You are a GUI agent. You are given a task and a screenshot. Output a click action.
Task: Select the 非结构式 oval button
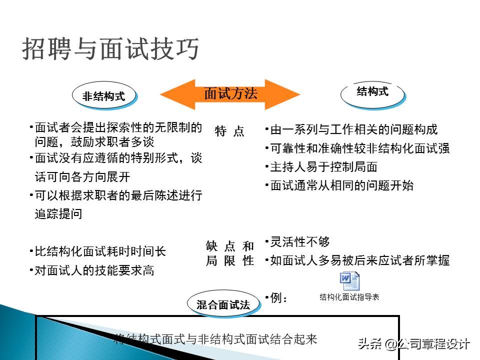pyautogui.click(x=103, y=96)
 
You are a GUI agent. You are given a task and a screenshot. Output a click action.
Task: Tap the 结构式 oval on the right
pyautogui.click(x=372, y=91)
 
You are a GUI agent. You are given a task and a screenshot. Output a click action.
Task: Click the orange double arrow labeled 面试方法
pyautogui.click(x=230, y=94)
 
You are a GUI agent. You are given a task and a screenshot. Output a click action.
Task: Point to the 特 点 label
pyautogui.click(x=229, y=131)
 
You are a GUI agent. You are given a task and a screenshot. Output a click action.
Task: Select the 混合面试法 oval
pyautogui.click(x=223, y=304)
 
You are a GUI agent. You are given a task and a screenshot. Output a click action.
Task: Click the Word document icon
pyautogui.click(x=349, y=281)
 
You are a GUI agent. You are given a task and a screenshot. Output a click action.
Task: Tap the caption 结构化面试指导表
pyautogui.click(x=349, y=297)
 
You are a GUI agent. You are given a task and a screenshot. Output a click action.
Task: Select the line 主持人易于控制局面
pyautogui.click(x=323, y=167)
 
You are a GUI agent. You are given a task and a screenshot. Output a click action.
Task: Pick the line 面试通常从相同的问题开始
pyautogui.click(x=341, y=185)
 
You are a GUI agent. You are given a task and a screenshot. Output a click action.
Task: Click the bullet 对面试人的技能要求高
pyautogui.click(x=93, y=270)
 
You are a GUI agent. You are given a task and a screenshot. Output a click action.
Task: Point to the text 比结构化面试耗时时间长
pyautogui.click(x=99, y=251)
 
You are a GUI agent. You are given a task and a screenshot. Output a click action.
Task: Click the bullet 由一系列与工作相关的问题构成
pyautogui.click(x=353, y=130)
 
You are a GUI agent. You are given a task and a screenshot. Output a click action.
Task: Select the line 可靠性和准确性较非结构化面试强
pyautogui.click(x=359, y=148)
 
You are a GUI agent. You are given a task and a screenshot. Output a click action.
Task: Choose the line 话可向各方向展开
pyautogui.click(x=82, y=177)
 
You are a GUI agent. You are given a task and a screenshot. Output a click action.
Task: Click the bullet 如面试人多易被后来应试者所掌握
pyautogui.click(x=359, y=260)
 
